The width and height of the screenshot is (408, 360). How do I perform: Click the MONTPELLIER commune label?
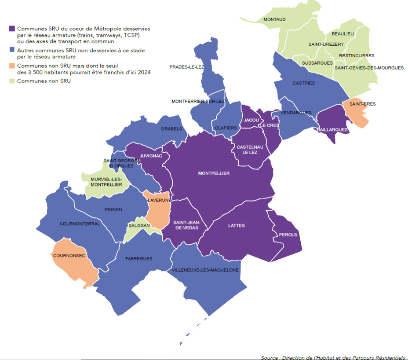pyautogui.click(x=214, y=173)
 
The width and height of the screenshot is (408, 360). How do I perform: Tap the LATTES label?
pyautogui.click(x=237, y=226)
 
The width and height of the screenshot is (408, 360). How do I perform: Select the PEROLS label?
pyautogui.click(x=288, y=235)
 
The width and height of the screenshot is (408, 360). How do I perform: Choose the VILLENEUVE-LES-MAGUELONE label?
pyautogui.click(x=206, y=270)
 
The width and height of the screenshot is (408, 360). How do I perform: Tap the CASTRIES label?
pyautogui.click(x=304, y=83)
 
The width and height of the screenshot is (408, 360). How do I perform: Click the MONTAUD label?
pyautogui.click(x=274, y=20)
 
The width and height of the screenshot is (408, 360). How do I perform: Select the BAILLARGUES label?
pyautogui.click(x=332, y=130)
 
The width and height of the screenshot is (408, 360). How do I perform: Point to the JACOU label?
pyautogui.click(x=251, y=120)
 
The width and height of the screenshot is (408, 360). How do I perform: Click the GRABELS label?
pyautogui.click(x=171, y=129)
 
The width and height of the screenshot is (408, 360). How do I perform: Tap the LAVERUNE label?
pyautogui.click(x=156, y=200)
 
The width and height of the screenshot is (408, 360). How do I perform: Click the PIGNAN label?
pyautogui.click(x=113, y=209)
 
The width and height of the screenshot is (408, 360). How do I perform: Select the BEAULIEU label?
pyautogui.click(x=343, y=34)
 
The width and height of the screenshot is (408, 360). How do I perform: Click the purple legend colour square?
pyautogui.click(x=11, y=28)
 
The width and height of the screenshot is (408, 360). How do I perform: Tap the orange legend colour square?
pyautogui.click(x=11, y=66)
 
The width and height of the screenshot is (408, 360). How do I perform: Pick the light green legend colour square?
pyautogui.click(x=11, y=81)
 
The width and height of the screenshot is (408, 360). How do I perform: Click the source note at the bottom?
pyautogui.click(x=332, y=357)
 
